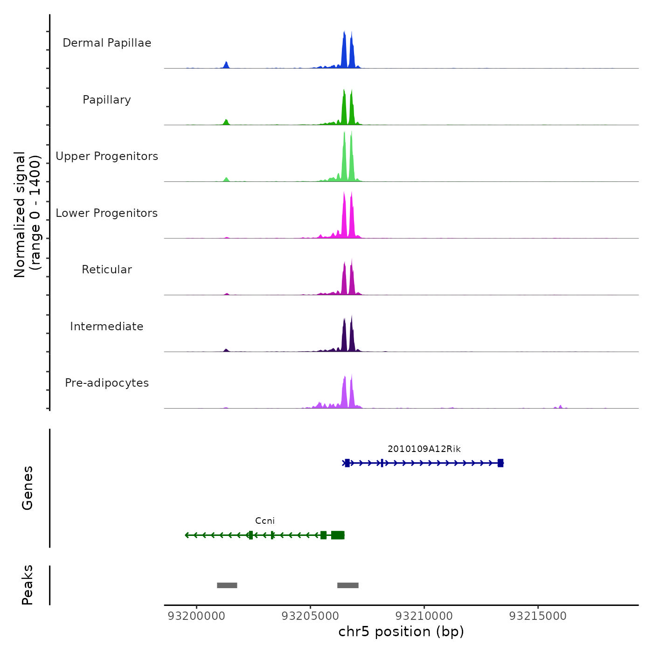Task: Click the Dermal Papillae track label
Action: [x=107, y=43]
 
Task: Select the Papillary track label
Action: [x=107, y=100]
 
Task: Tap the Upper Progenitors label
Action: [x=107, y=156]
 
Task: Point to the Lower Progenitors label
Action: [x=107, y=213]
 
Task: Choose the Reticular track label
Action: [x=107, y=270]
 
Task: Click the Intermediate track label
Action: [x=107, y=326]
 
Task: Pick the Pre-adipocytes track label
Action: [x=107, y=383]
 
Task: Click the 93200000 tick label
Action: [x=196, y=616]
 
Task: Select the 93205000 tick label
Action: [x=310, y=616]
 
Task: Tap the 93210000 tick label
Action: [x=424, y=616]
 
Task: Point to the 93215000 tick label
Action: [x=538, y=616]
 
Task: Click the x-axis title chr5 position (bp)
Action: [x=401, y=632]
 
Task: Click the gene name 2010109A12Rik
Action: [x=424, y=449]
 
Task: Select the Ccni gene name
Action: [x=265, y=521]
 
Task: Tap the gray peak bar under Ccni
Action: [x=227, y=585]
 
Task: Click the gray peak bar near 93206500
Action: [x=348, y=585]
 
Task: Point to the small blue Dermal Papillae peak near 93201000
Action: [x=226, y=65]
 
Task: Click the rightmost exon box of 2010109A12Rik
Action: [x=500, y=463]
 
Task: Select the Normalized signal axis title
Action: [x=27, y=215]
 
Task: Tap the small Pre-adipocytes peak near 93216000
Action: [x=560, y=407]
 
